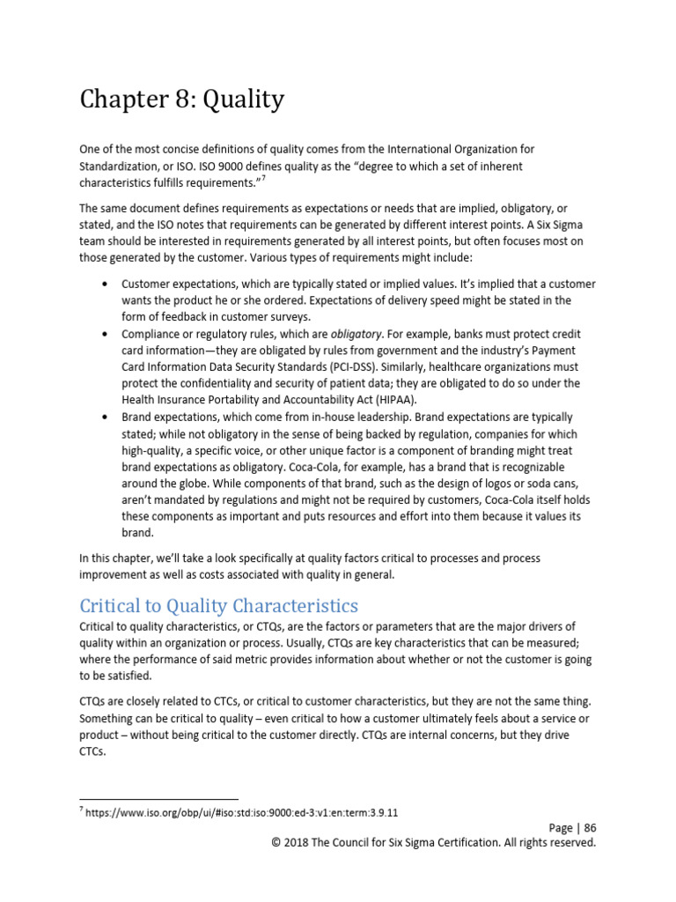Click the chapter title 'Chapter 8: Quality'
click(x=181, y=100)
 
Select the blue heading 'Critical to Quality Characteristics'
click(x=218, y=605)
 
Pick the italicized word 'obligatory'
click(x=356, y=335)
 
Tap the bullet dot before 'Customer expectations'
click(x=106, y=285)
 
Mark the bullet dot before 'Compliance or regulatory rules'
click(x=106, y=335)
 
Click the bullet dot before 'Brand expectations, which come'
click(x=106, y=416)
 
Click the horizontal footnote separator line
click(x=158, y=799)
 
